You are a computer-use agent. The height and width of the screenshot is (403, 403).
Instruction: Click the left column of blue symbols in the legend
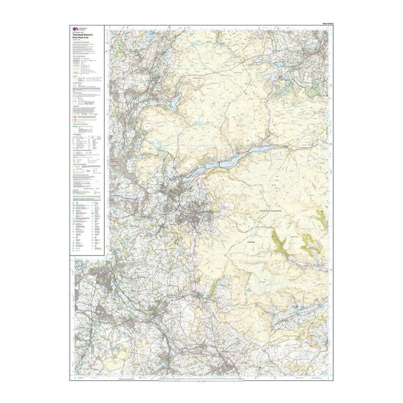coord(75,227)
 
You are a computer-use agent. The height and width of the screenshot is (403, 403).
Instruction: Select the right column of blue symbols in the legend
coord(92,227)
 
